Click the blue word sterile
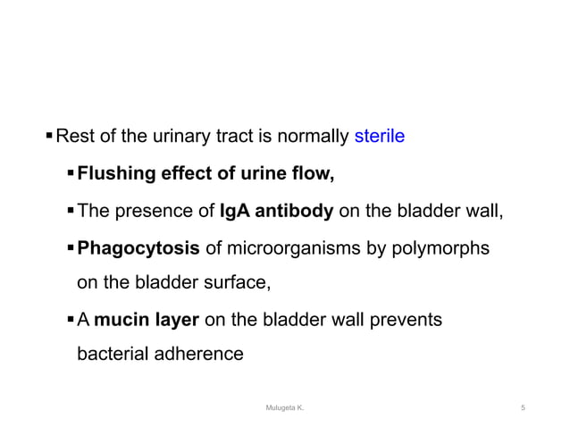(x=380, y=138)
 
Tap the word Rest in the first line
(x=75, y=138)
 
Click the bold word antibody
(x=294, y=211)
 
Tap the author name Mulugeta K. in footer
(x=285, y=407)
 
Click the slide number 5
(x=523, y=407)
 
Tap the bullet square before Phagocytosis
(x=71, y=247)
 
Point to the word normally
(x=316, y=138)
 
